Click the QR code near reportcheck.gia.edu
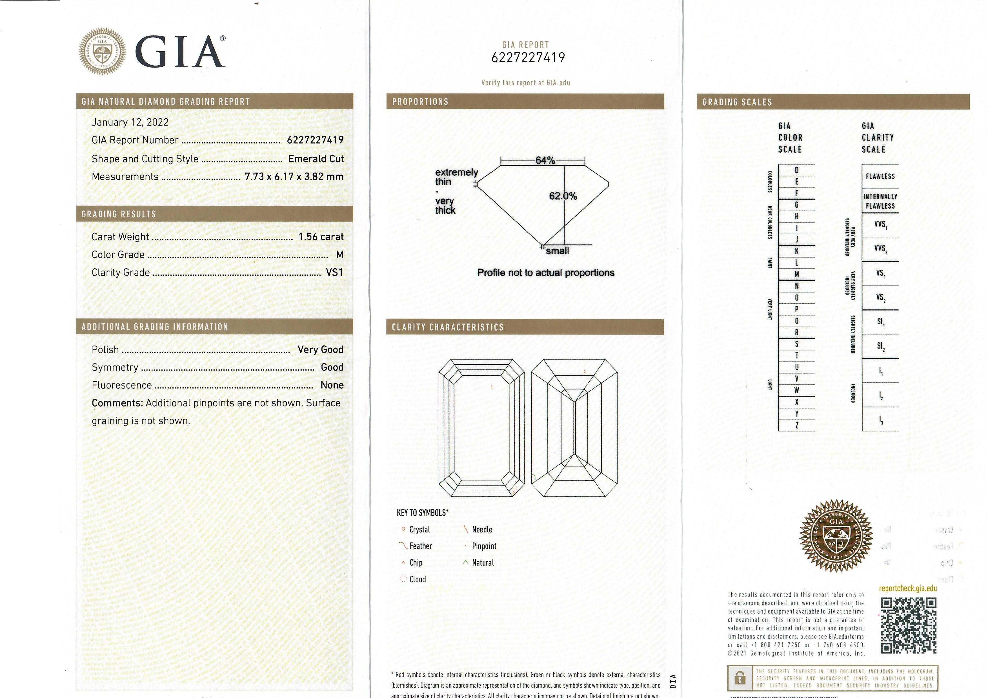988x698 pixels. [x=908, y=625]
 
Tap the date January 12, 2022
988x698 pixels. [x=130, y=122]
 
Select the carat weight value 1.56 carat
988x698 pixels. [x=321, y=237]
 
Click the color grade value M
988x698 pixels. [x=339, y=255]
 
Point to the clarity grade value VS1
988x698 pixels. [x=334, y=273]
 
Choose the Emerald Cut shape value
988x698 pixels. [x=316, y=159]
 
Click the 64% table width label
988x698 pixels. [x=545, y=160]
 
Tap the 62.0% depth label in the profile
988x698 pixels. [x=563, y=196]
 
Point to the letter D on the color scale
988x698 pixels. [x=796, y=170]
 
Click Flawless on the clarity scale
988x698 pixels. [x=880, y=176]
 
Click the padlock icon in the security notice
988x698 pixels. [x=740, y=679]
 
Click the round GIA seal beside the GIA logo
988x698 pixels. [x=103, y=52]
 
